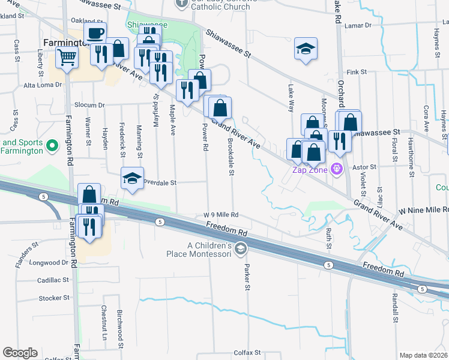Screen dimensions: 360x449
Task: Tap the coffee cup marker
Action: pos(95,34)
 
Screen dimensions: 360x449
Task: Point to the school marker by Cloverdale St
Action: pos(133,178)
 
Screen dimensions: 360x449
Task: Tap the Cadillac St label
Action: pos(53,280)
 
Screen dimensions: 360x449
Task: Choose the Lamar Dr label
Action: pos(359,25)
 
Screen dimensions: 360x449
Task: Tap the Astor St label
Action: pos(364,166)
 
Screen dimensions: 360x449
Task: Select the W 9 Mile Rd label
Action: pos(221,215)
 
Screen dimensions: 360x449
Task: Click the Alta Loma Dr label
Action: pos(43,85)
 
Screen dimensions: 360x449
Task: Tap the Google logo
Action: pos(20,353)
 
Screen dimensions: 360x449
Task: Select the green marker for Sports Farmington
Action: pos(52,145)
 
